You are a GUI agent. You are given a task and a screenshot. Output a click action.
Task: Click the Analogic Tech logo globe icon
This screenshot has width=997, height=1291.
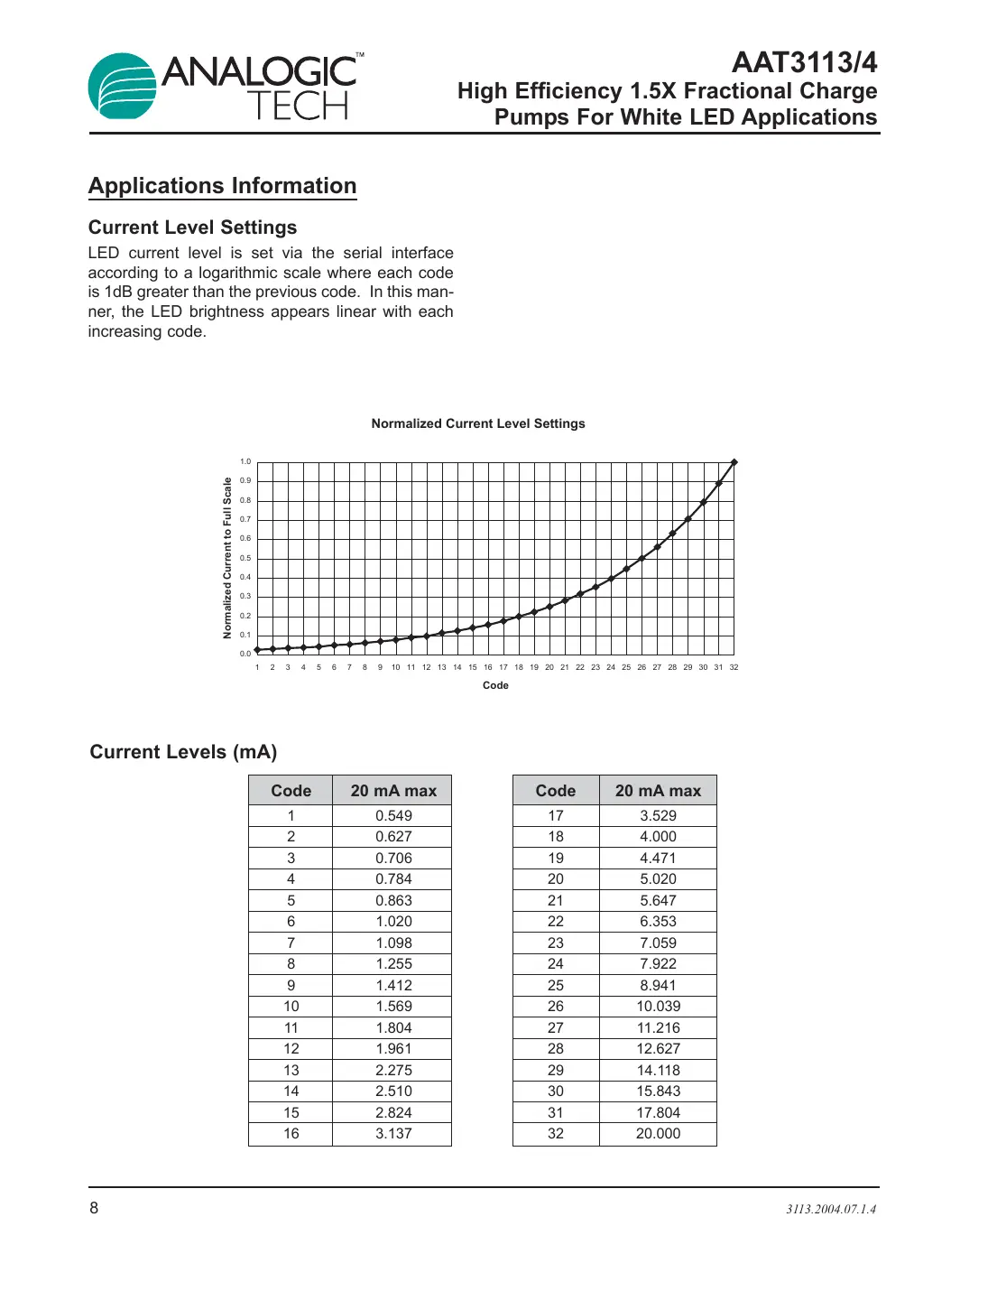tap(123, 87)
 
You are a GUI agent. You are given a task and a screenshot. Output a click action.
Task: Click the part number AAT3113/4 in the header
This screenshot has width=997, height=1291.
tap(804, 62)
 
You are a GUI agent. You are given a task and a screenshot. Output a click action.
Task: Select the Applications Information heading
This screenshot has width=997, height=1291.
tap(223, 186)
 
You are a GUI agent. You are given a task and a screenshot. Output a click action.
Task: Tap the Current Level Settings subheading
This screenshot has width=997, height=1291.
tap(192, 228)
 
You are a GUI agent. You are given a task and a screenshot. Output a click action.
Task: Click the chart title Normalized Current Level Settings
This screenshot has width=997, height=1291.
tap(478, 423)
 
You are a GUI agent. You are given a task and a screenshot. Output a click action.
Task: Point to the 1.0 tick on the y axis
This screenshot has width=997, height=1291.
tap(245, 461)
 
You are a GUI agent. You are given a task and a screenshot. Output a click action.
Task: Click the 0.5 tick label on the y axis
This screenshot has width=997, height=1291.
tap(245, 558)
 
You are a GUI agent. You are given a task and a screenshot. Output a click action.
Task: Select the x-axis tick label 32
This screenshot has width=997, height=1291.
tap(734, 667)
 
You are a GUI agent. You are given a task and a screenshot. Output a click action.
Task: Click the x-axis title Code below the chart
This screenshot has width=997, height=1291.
tap(495, 685)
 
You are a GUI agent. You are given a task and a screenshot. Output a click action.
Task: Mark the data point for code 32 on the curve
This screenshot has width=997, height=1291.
tap(734, 462)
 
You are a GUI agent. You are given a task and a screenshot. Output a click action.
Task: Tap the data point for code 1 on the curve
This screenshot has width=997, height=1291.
tap(257, 650)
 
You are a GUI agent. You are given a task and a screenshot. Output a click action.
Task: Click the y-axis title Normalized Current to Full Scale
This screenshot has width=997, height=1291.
tap(227, 558)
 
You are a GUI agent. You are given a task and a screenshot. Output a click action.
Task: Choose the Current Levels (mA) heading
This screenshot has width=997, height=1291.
tap(183, 752)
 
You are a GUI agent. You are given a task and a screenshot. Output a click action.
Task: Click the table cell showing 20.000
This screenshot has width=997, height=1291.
tap(658, 1134)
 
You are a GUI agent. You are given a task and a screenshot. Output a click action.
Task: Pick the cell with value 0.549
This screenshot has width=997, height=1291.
tap(393, 815)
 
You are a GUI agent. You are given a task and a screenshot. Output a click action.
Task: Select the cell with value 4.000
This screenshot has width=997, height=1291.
tap(658, 837)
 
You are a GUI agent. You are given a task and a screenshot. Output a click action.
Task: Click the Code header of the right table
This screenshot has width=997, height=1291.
tap(555, 791)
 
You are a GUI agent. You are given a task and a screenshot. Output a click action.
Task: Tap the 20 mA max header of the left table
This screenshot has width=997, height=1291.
tap(393, 791)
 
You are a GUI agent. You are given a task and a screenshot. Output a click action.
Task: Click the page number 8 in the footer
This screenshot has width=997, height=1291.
tap(94, 1208)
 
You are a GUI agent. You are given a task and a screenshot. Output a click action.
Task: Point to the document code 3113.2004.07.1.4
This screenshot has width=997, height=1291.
tap(830, 1209)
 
